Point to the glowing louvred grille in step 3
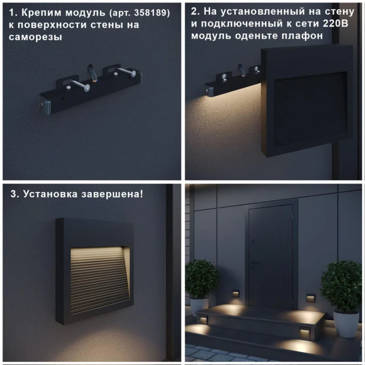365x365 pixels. click(99, 278)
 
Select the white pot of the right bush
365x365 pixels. click(346, 323)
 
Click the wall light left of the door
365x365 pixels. click(236, 294)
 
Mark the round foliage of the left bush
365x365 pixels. click(201, 278)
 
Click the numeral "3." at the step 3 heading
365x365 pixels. click(15, 194)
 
